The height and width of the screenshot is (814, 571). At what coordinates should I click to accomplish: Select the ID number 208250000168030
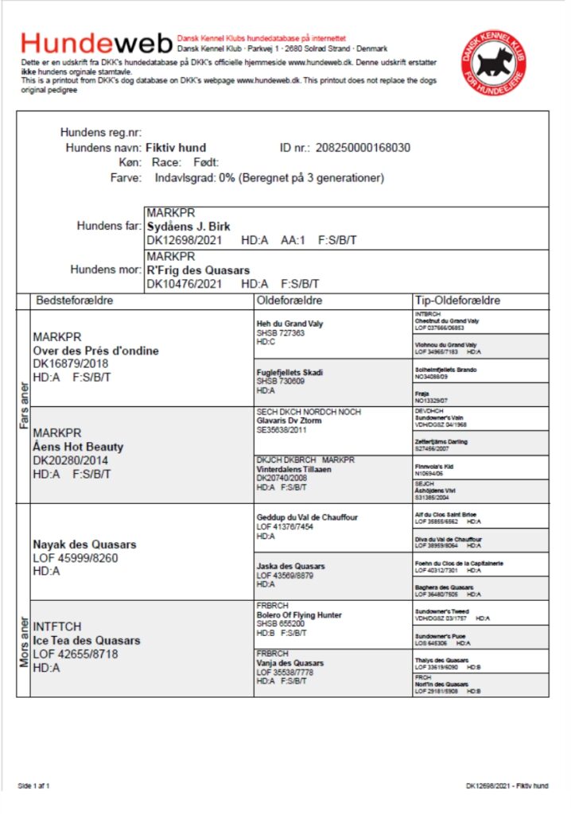pyautogui.click(x=363, y=148)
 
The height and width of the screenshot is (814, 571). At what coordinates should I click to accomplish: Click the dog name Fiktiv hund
pyautogui.click(x=176, y=148)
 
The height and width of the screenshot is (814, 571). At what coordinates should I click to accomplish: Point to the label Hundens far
pyautogui.click(x=108, y=226)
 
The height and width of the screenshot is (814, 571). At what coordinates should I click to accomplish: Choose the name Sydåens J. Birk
pyautogui.click(x=188, y=226)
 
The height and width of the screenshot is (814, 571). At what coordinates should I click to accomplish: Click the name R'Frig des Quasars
pyautogui.click(x=198, y=270)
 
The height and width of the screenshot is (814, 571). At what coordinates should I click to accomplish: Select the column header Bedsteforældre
pyautogui.click(x=75, y=301)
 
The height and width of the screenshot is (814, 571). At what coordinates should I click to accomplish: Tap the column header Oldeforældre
pyautogui.click(x=289, y=301)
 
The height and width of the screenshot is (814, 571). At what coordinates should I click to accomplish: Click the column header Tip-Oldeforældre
pyautogui.click(x=457, y=301)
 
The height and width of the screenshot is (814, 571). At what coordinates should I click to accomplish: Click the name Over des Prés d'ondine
pyautogui.click(x=95, y=351)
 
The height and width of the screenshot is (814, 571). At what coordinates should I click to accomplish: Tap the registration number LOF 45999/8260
pyautogui.click(x=76, y=558)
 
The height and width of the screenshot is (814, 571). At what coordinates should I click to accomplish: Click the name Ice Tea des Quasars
pyautogui.click(x=87, y=641)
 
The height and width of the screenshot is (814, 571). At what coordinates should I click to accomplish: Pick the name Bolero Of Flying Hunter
pyautogui.click(x=299, y=614)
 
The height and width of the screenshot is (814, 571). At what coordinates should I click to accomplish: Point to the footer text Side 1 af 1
pyautogui.click(x=33, y=786)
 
